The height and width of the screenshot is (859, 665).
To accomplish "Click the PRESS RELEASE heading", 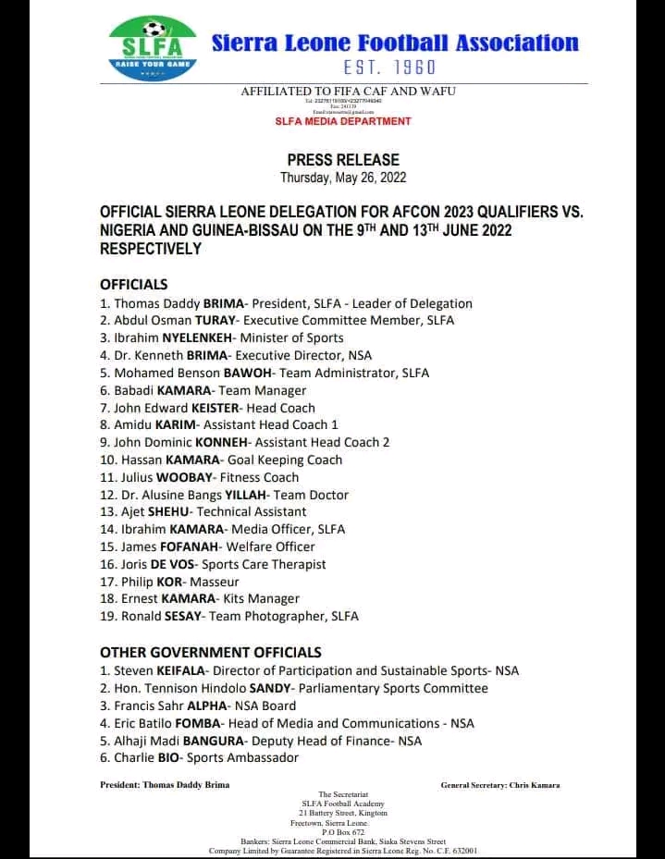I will (343, 160).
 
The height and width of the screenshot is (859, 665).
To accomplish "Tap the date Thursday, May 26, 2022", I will (343, 178).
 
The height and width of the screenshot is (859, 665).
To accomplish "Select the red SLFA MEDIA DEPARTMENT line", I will (343, 121).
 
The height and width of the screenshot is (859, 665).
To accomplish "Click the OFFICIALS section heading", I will (134, 285).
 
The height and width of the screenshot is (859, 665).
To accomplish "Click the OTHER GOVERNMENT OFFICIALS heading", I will (211, 652).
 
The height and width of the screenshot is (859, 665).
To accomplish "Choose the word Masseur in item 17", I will (215, 582).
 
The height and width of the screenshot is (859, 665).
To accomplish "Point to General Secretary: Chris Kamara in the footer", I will (500, 785).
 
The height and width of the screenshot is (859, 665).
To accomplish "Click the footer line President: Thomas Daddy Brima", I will (165, 785).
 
